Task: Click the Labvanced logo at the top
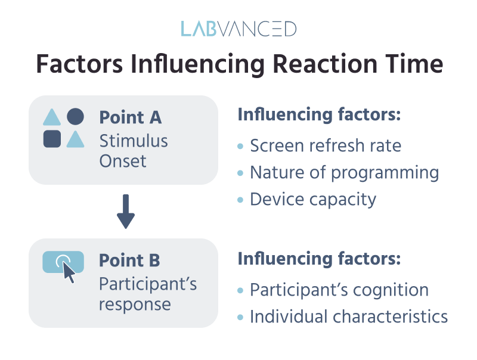[238, 29]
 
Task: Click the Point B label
[129, 260]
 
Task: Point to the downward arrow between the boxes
[126, 212]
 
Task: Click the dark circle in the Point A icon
[75, 117]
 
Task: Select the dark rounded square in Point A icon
[52, 139]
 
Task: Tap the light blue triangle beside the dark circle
[52, 117]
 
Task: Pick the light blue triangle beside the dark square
[75, 139]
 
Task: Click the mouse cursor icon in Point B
[69, 272]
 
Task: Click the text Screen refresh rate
[326, 146]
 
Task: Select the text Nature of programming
[344, 172]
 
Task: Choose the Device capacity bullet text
[313, 198]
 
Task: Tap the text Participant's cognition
[339, 290]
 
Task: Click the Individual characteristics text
[349, 316]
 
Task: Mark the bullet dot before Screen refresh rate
[240, 146]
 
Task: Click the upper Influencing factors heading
[318, 115]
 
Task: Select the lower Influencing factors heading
[318, 259]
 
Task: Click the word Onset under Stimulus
[123, 161]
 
